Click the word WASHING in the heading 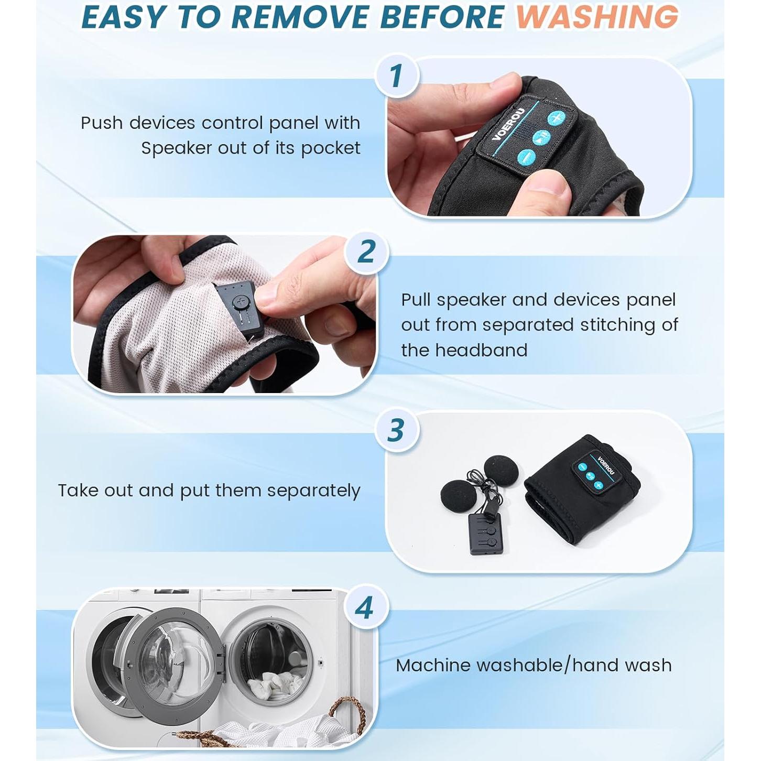(597, 17)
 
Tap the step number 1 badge (396, 75)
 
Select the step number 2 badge (366, 252)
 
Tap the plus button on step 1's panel (557, 118)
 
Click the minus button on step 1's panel (526, 158)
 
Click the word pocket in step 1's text (331, 148)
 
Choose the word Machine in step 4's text (433, 666)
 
